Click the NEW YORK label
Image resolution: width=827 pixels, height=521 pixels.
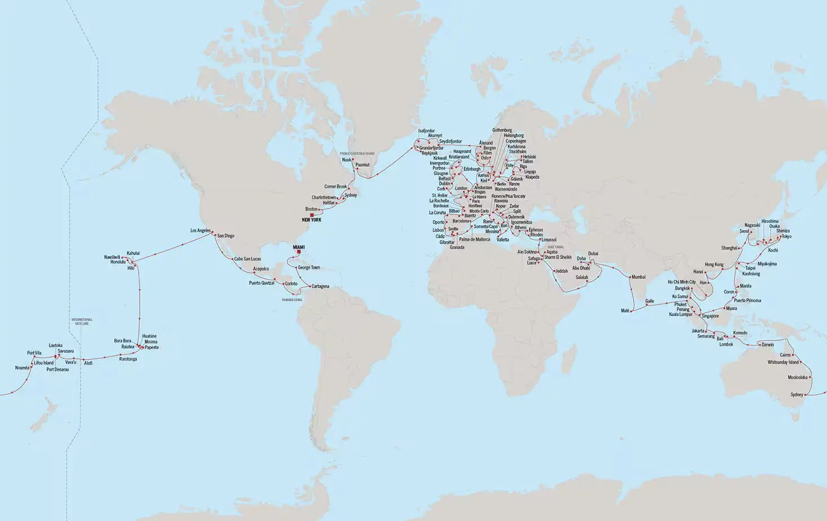(311, 220)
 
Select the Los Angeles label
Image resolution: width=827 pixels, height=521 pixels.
(200, 230)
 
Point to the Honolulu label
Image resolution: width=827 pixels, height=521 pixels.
(118, 262)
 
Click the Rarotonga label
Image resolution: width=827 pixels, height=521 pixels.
(128, 359)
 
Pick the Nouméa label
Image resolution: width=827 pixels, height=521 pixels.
(23, 368)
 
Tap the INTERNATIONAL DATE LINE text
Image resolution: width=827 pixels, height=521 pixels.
(82, 322)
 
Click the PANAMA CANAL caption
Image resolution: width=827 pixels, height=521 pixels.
(292, 300)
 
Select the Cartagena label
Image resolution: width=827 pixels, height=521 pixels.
(320, 286)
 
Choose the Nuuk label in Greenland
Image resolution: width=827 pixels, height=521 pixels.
(346, 159)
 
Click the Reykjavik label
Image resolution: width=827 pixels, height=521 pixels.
(430, 153)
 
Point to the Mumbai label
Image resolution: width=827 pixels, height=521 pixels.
(638, 277)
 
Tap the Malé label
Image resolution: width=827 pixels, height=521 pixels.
(625, 310)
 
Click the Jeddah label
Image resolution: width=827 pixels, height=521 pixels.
(561, 271)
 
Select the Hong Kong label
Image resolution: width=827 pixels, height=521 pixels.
(714, 264)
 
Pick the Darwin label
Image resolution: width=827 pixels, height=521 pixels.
(767, 344)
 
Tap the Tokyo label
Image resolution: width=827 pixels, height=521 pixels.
(786, 237)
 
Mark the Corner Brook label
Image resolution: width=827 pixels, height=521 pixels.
(335, 186)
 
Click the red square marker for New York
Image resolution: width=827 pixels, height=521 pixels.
(311, 215)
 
